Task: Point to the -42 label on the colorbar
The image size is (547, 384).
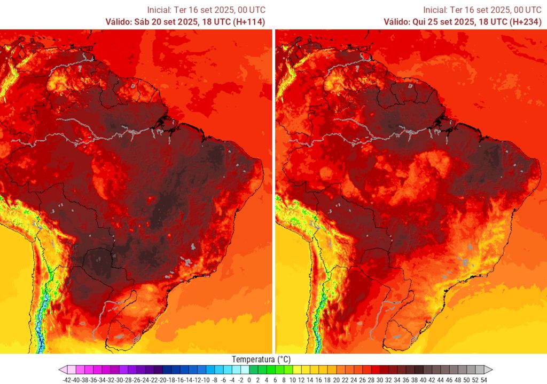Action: [x=67, y=380]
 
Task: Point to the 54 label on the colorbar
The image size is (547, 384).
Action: [x=483, y=380]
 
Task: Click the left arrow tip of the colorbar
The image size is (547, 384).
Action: [x=61, y=370]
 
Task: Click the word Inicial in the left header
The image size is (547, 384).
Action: [x=159, y=10]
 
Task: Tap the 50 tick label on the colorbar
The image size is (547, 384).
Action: [x=466, y=380]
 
